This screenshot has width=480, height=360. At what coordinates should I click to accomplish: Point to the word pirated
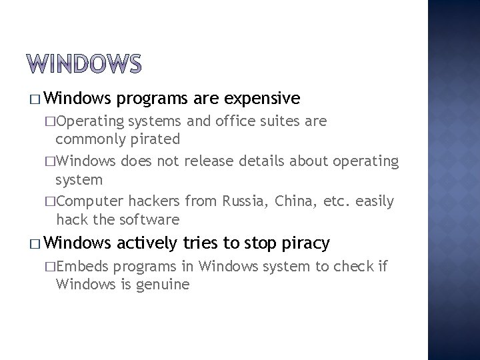click(154, 139)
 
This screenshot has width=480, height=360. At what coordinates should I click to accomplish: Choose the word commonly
click(89, 139)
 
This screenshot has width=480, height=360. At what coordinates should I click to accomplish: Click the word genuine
click(164, 285)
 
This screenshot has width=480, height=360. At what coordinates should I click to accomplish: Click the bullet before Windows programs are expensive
click(35, 99)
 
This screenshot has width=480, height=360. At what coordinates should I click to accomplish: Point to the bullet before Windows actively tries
click(35, 245)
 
